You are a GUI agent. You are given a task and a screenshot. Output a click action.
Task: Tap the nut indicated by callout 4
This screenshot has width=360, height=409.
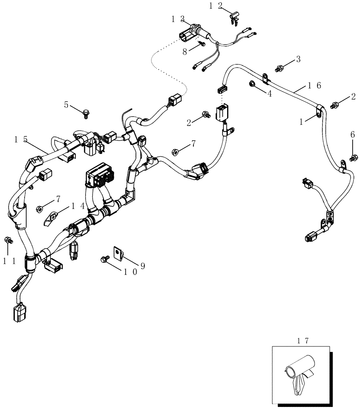coord(252,84)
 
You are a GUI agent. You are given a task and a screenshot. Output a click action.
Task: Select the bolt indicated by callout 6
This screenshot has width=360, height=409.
coord(351,156)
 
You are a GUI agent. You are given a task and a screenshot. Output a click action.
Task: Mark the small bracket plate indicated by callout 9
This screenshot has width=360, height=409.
coord(117,254)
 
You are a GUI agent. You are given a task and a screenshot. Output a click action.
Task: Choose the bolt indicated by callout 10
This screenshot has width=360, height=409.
coord(104,259)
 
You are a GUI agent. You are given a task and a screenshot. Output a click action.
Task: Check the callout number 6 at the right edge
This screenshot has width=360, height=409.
coord(352,134)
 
